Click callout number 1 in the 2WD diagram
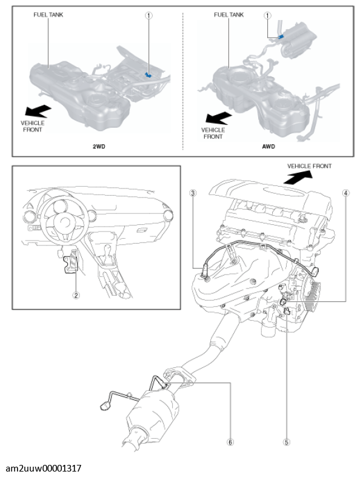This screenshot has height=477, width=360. pos(148,15)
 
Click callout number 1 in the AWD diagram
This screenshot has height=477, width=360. pos(267,15)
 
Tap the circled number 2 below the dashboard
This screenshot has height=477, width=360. pos(76,295)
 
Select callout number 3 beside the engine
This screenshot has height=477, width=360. pos(193,193)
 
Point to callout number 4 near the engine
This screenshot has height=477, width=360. pos(345,193)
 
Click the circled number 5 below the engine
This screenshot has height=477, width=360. pos(286,442)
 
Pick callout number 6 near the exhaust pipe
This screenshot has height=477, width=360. pos(230,442)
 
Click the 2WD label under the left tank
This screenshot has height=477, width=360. pos(99,147)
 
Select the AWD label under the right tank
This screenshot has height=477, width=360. pos(268,147)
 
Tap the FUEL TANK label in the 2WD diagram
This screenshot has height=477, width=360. pos(48,15)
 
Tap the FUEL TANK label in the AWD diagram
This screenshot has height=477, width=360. pos(229,15)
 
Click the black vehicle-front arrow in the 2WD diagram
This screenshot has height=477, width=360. pos(38,111)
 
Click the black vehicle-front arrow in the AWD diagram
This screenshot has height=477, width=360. pos(219,118)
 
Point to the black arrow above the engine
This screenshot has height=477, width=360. pos(298,177)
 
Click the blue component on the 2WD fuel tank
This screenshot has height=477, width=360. pos(148,75)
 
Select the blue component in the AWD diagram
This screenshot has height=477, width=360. pos(281,37)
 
